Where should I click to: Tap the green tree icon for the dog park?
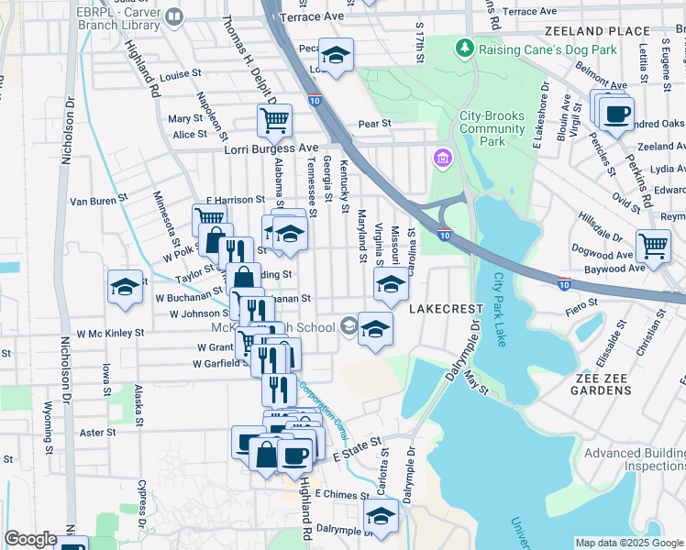(x=466, y=47)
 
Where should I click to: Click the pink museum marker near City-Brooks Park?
(x=443, y=160)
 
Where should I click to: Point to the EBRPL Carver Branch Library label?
(x=109, y=16)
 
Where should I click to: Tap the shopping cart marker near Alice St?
(x=274, y=120)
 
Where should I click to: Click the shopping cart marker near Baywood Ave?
(x=653, y=245)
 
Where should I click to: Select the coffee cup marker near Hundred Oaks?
(x=616, y=115)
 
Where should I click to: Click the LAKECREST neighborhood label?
(x=446, y=309)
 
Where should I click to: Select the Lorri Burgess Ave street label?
(x=271, y=148)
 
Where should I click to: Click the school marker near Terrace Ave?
(x=337, y=56)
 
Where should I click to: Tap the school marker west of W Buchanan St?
(x=125, y=287)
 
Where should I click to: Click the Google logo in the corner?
(x=30, y=539)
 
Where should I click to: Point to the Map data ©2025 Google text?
(x=629, y=543)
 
